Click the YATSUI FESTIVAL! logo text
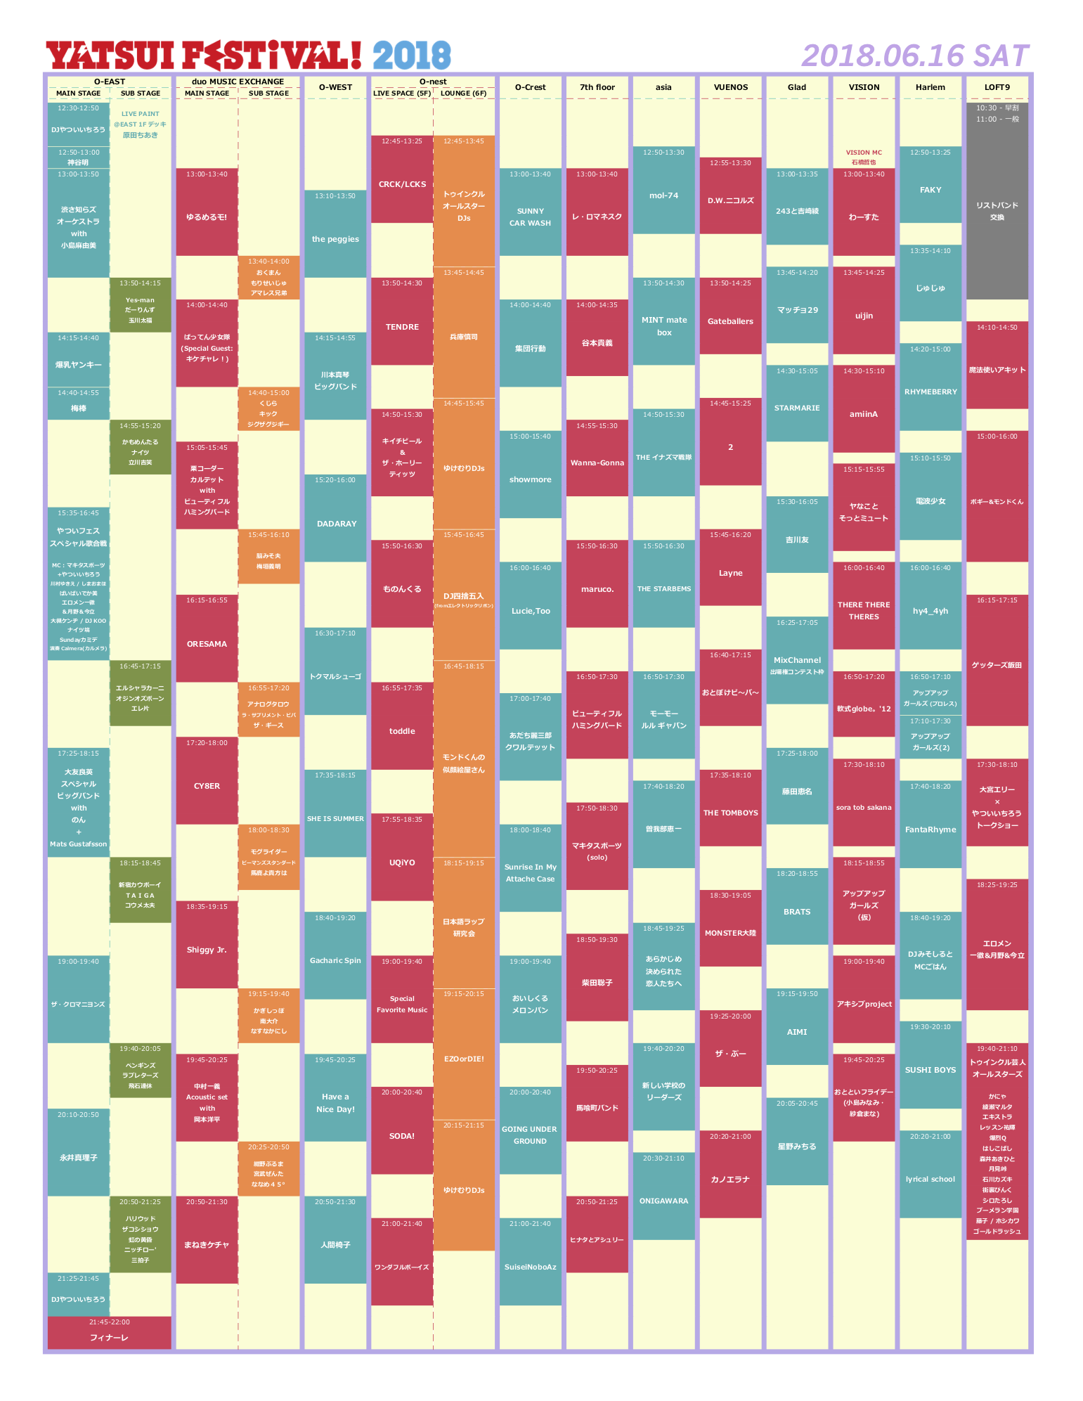point(204,56)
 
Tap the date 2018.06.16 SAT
point(915,56)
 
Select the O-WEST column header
point(335,87)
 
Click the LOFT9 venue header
point(997,87)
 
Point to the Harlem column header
point(930,87)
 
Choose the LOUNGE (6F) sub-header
point(464,93)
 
